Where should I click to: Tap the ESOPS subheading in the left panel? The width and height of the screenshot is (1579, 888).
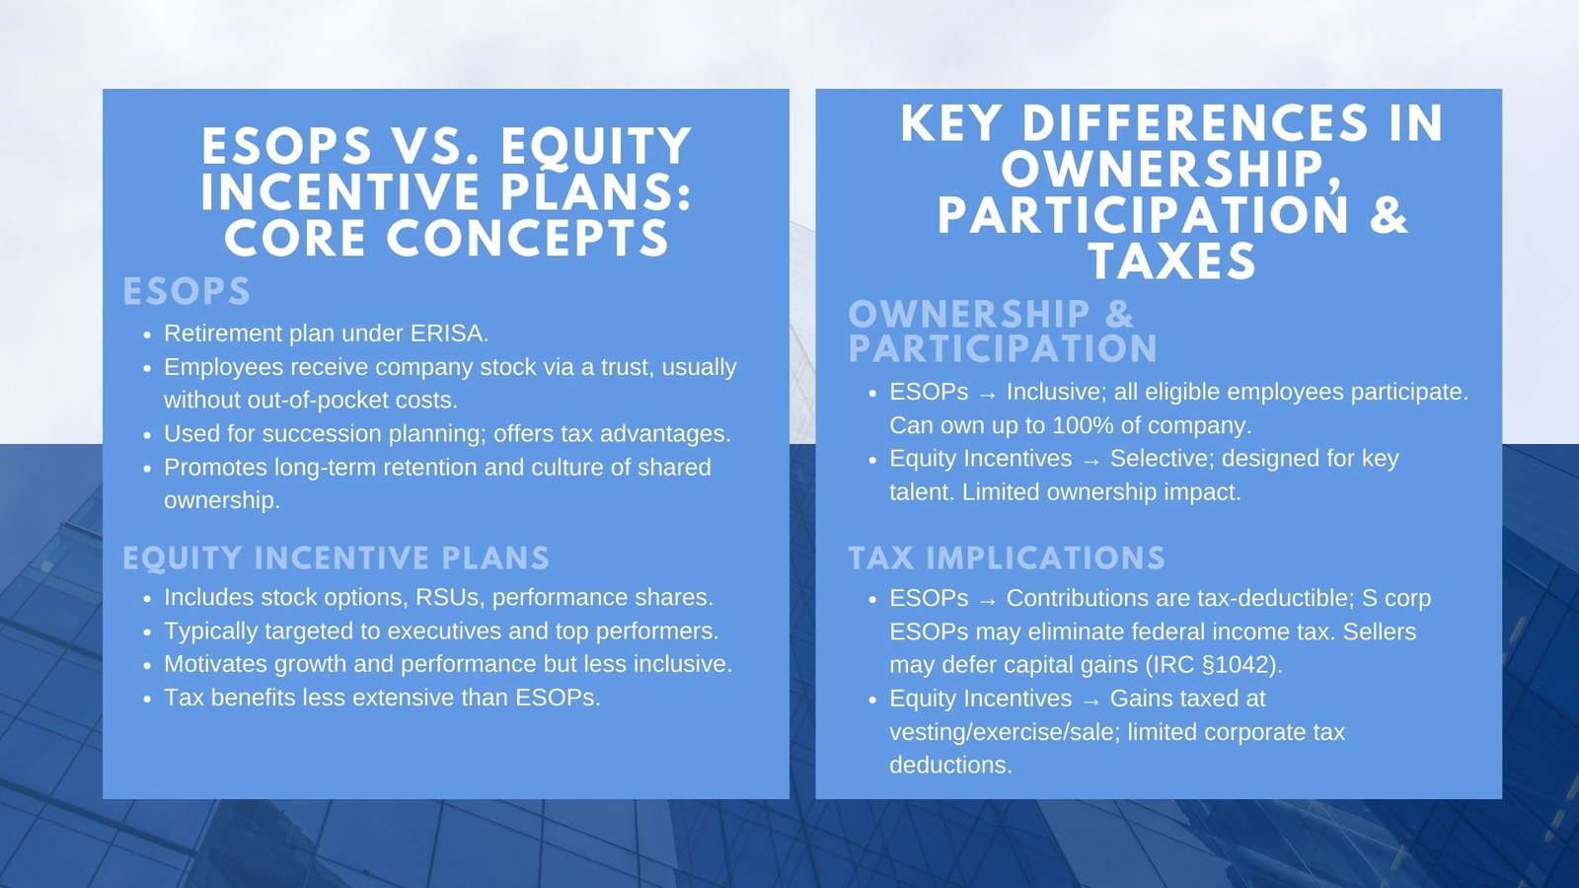coord(187,292)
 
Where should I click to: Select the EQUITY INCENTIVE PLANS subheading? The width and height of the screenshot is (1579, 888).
coord(336,558)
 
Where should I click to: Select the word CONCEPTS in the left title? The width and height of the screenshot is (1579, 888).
coord(528,239)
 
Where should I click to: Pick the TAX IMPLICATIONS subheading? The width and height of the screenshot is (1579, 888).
coord(1007,558)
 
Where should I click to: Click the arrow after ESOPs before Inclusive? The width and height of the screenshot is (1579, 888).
coord(988,393)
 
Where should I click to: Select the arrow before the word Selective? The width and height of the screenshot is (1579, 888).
coord(1090,460)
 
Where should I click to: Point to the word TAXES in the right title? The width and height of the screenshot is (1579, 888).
coord(1172,262)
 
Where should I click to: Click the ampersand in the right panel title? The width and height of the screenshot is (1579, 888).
coord(1388,214)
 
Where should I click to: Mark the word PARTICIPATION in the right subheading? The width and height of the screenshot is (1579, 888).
coord(1003,349)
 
